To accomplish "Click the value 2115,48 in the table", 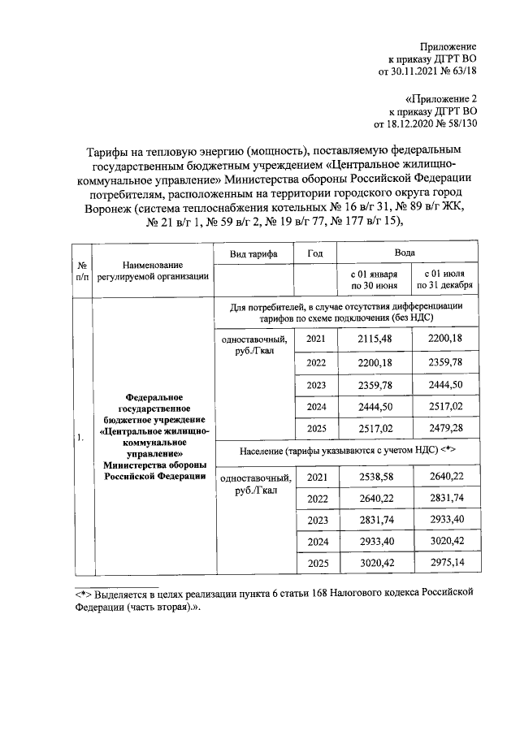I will (x=372, y=338).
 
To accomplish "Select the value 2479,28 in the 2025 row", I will (x=446, y=427).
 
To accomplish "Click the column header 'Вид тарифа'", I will (x=253, y=254).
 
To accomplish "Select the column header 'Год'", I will (x=315, y=254).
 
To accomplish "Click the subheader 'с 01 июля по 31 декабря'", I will (x=446, y=281).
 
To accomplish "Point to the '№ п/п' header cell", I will (x=83, y=270).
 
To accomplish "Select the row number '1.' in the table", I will (x=81, y=439).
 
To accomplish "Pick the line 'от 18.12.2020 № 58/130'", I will (x=424, y=124).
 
